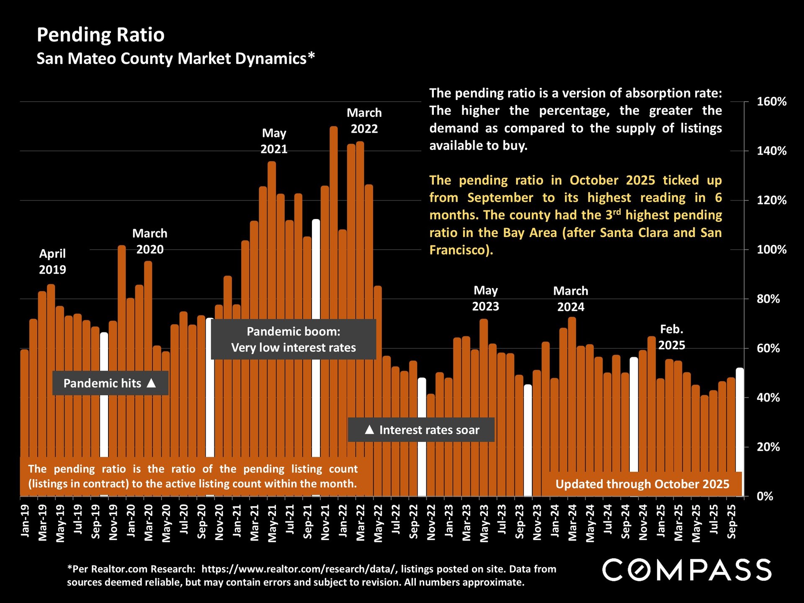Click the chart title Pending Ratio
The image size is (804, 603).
pyautogui.click(x=100, y=35)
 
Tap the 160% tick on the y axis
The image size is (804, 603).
pyautogui.click(x=771, y=102)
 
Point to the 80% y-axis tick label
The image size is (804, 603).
pyautogui.click(x=768, y=299)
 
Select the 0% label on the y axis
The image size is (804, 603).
pyautogui.click(x=765, y=497)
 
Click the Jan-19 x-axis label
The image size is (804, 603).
pyautogui.click(x=25, y=521)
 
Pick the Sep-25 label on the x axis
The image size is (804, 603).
pyautogui.click(x=732, y=521)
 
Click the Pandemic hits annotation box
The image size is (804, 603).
pyautogui.click(x=110, y=383)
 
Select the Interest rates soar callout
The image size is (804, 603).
pyautogui.click(x=421, y=430)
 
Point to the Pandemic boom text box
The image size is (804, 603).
pyautogui.click(x=293, y=340)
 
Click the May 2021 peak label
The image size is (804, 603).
pyautogui.click(x=274, y=141)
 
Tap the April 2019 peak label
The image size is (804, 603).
pyautogui.click(x=52, y=261)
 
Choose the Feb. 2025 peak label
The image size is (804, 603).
pyautogui.click(x=672, y=337)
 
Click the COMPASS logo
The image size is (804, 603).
pyautogui.click(x=687, y=570)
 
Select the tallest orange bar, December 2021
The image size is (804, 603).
pyautogui.click(x=334, y=293)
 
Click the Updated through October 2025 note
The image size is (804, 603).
pyautogui.click(x=642, y=484)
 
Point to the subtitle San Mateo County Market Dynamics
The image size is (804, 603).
pyautogui.click(x=175, y=59)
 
